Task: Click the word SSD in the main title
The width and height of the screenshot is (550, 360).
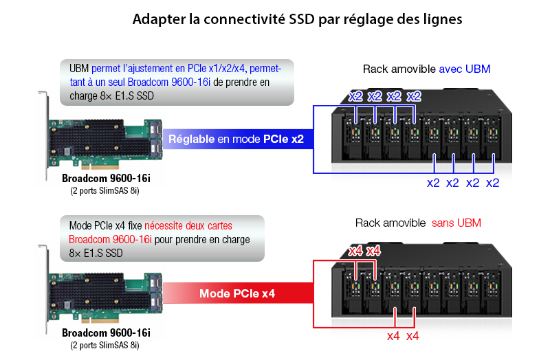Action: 302,19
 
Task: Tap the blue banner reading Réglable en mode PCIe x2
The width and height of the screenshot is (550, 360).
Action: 238,139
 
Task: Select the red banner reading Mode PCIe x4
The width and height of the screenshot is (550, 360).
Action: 238,293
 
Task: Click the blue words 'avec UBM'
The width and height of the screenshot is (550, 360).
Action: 465,69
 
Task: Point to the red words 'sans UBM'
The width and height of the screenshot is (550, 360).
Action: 456,223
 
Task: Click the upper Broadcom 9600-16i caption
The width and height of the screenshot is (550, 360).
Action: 106,179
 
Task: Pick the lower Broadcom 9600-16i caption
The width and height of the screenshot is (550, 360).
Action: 106,333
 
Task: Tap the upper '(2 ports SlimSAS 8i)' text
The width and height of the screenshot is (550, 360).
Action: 104,191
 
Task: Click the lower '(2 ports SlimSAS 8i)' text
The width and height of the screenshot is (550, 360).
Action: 104,346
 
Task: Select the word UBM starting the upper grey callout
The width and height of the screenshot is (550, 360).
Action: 79,68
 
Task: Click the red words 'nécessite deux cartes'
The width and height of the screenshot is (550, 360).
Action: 188,226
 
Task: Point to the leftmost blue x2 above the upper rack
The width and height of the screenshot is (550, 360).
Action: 355,96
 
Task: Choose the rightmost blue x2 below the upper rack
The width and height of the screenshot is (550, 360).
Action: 492,183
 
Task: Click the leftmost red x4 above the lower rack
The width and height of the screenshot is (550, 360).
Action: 355,251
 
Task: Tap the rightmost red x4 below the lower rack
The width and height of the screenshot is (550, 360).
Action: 412,337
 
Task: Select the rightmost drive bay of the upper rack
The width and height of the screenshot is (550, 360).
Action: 492,139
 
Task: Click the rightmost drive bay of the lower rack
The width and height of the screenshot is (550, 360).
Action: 492,293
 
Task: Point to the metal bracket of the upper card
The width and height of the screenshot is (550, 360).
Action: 46,137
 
